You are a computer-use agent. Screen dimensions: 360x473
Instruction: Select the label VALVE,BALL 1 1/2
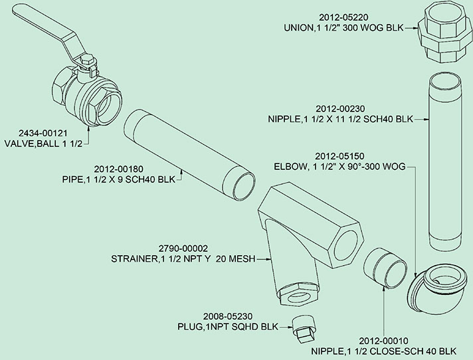47,143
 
